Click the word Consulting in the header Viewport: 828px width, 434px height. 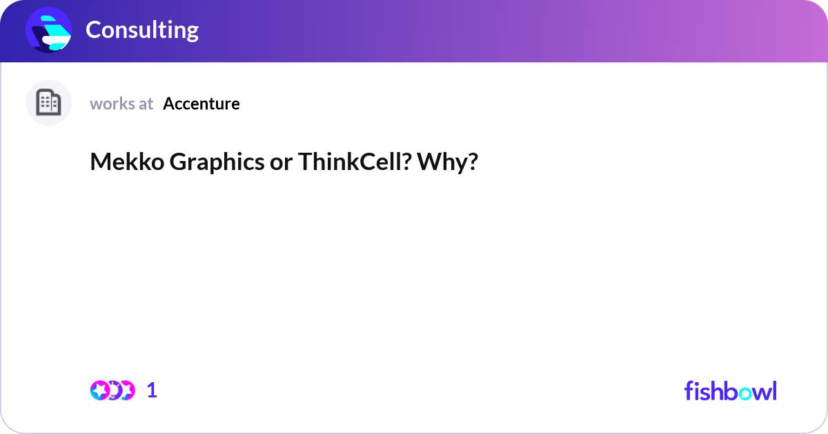click(142, 30)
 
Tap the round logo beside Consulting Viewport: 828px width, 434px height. click(48, 30)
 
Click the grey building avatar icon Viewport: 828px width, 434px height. click(48, 103)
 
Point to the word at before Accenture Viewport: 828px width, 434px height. click(146, 104)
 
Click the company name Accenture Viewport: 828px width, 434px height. click(201, 104)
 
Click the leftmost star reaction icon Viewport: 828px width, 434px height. click(100, 390)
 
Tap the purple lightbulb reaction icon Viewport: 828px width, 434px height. click(113, 390)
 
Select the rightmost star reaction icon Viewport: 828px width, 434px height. click(126, 390)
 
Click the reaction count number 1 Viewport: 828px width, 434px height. click(152, 390)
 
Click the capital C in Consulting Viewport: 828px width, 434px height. click(93, 30)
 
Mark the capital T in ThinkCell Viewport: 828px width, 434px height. click(304, 162)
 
